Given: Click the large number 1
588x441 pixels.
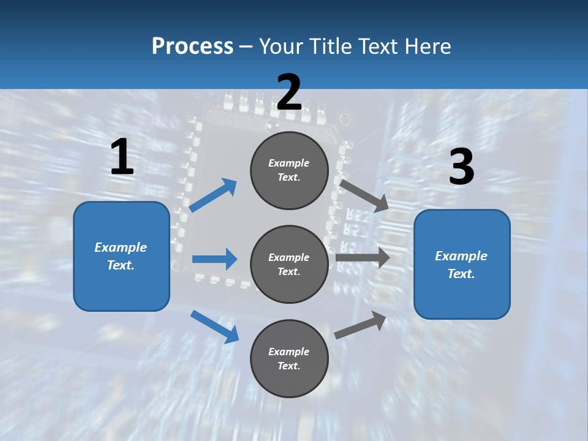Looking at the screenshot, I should (122, 157).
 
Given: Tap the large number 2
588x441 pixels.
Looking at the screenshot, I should (289, 92).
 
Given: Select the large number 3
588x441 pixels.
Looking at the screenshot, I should (461, 167).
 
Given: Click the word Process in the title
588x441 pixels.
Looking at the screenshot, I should (192, 46).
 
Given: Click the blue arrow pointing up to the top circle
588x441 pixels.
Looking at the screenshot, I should (213, 195).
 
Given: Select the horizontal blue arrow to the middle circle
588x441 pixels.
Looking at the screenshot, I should (214, 259).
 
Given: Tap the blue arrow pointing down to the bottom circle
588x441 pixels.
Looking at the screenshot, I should (214, 326).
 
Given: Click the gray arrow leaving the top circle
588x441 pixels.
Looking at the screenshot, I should (364, 195).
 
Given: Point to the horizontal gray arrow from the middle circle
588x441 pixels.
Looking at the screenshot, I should (363, 257).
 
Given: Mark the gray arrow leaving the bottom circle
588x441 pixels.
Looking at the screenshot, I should (361, 325).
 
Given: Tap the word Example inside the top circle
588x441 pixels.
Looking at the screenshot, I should (288, 163).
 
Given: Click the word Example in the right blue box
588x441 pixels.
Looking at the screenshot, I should (461, 256).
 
